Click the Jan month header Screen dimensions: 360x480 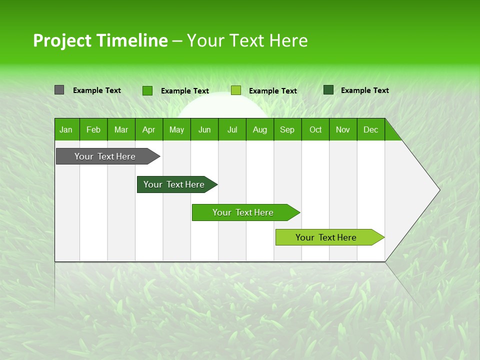coord(66,130)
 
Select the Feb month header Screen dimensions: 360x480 coord(93,130)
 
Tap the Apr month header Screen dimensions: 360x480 coord(148,130)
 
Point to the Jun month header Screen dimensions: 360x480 coord(204,130)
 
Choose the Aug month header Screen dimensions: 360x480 coord(260,130)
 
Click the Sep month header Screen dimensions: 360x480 coord(287,130)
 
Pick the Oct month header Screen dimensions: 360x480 coord(315,130)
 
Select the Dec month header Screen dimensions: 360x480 coord(371,130)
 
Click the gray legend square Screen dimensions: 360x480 coord(59,90)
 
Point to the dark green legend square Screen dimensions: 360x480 coord(328,90)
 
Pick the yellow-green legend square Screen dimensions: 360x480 coord(236,90)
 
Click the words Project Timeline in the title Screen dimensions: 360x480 coord(100,40)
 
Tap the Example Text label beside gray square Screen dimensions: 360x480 coord(97,90)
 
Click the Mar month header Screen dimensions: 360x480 coord(121,130)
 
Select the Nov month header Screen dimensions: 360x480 coord(343,130)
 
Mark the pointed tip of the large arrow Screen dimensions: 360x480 coord(438,190)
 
